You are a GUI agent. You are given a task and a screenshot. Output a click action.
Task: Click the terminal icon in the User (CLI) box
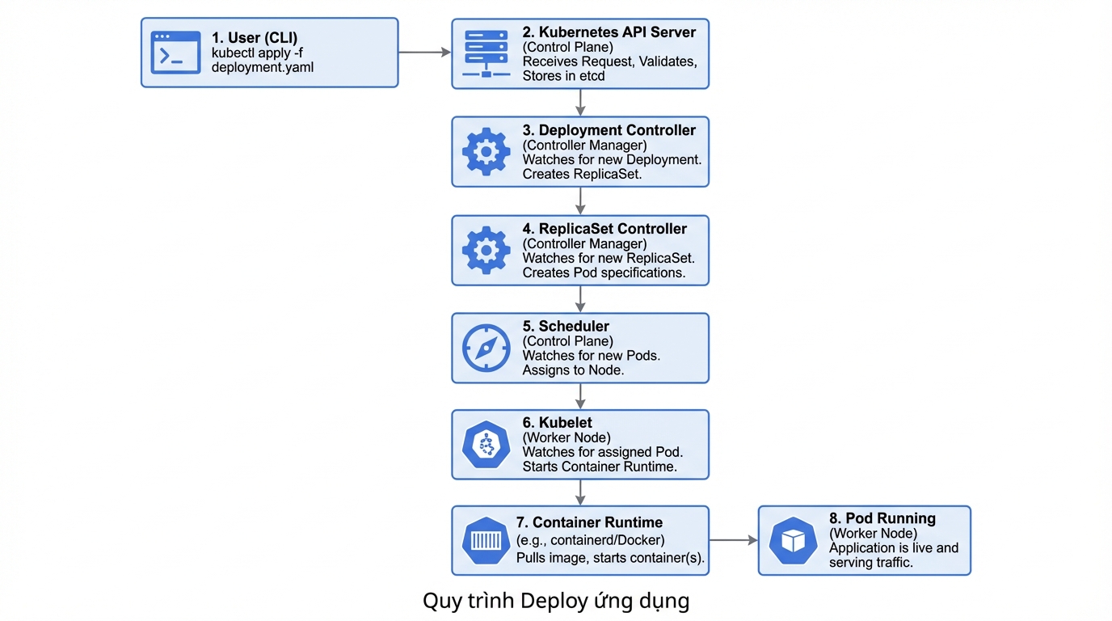pyautogui.click(x=176, y=53)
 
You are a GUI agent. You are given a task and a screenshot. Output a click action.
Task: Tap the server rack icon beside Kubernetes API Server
pyautogui.click(x=486, y=53)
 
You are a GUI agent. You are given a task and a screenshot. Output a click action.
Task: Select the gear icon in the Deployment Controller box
pyautogui.click(x=486, y=152)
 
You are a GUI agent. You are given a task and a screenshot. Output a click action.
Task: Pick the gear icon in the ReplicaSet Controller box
pyautogui.click(x=486, y=250)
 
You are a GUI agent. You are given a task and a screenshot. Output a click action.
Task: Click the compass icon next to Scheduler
pyautogui.click(x=486, y=348)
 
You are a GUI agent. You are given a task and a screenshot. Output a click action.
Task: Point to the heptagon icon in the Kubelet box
pyautogui.click(x=486, y=445)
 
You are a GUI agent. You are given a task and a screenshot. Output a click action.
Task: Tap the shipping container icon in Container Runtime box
pyautogui.click(x=486, y=541)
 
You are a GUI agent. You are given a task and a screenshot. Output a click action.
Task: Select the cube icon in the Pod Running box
pyautogui.click(x=793, y=541)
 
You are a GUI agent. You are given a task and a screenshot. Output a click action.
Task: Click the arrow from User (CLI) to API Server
pyautogui.click(x=424, y=53)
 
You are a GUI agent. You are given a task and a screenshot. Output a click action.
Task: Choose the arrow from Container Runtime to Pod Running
pyautogui.click(x=733, y=540)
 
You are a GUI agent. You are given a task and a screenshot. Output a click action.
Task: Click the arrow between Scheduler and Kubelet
pyautogui.click(x=580, y=396)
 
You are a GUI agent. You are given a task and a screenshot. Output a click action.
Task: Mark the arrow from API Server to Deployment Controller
pyautogui.click(x=580, y=103)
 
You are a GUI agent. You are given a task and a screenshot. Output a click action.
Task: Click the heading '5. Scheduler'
pyautogui.click(x=566, y=327)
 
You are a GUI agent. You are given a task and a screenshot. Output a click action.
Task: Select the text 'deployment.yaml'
pyautogui.click(x=262, y=68)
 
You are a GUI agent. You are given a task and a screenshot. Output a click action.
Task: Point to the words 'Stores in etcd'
pyautogui.click(x=563, y=76)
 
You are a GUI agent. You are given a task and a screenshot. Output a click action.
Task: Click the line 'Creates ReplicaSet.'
pyautogui.click(x=582, y=174)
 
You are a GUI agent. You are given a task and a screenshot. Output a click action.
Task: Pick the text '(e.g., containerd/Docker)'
pyautogui.click(x=590, y=540)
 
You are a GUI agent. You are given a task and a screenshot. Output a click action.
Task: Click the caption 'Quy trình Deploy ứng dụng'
pyautogui.click(x=556, y=602)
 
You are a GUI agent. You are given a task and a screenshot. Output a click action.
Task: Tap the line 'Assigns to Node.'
pyautogui.click(x=573, y=370)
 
